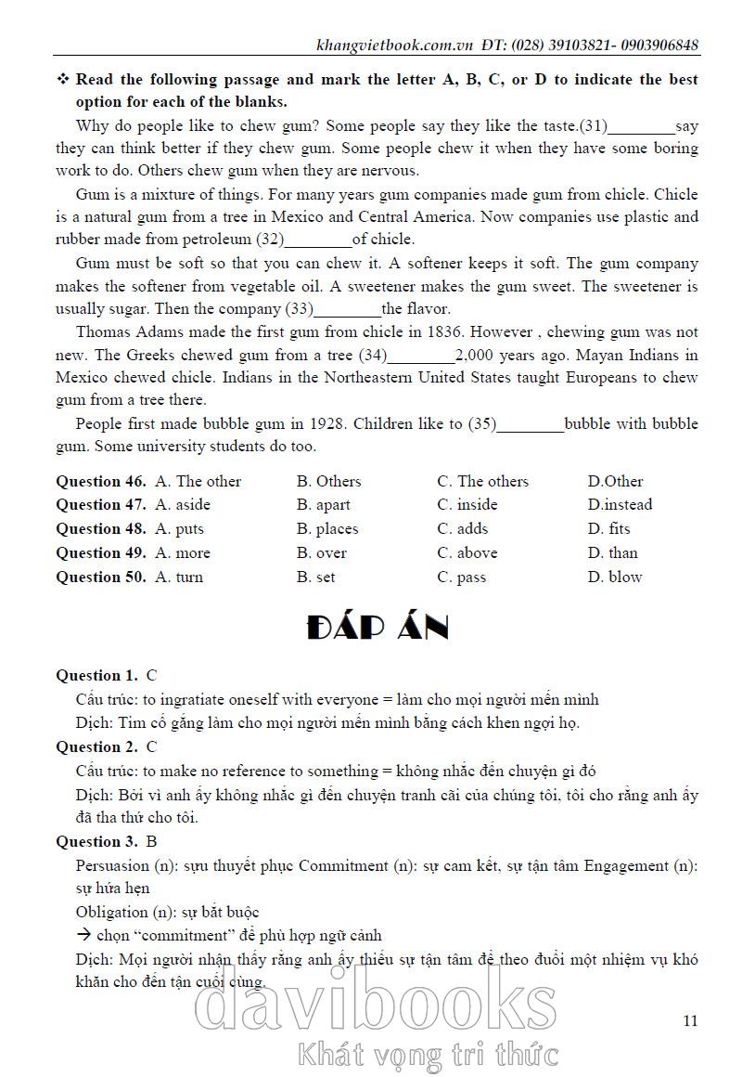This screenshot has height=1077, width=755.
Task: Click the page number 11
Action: point(689,1021)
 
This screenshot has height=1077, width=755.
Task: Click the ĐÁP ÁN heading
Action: point(377,629)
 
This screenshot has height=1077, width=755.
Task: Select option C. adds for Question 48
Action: point(463,529)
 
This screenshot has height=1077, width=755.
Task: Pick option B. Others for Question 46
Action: point(328,481)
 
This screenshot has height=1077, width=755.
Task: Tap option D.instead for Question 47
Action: point(620,505)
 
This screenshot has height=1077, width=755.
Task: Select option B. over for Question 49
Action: point(322,553)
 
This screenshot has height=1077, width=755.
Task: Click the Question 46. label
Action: point(101,481)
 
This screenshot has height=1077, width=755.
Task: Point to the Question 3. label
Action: point(96,842)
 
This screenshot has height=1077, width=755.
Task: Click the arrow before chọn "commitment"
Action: point(83,936)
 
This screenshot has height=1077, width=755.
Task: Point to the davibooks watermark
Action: point(377,1007)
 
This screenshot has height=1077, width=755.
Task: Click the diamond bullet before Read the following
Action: point(63,80)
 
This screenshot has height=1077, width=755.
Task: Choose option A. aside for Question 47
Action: point(183,505)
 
